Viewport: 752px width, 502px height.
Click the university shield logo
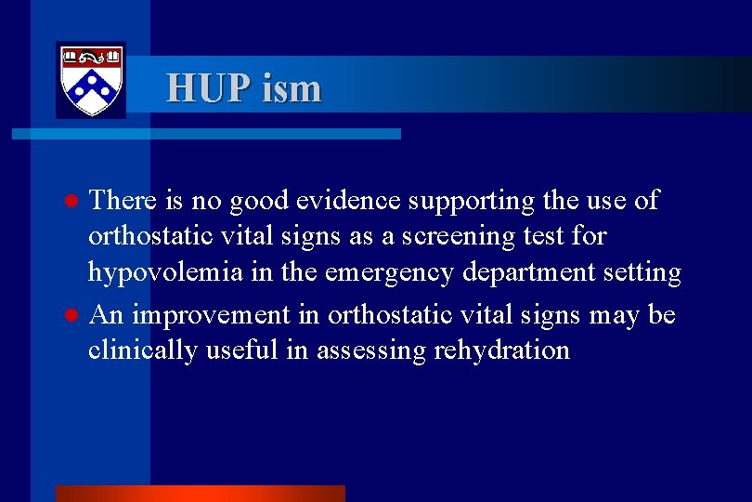(x=91, y=80)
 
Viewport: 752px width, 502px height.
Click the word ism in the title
(x=292, y=88)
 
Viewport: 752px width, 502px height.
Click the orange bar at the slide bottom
(x=200, y=493)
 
